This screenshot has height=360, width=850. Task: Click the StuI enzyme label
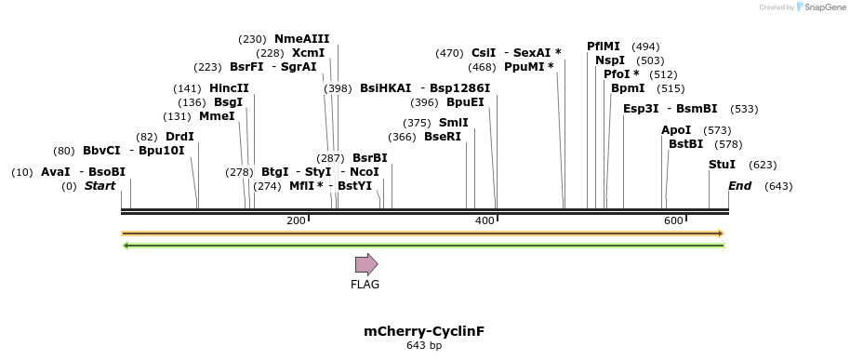click(x=722, y=165)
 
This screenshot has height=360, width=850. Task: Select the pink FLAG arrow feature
click(x=365, y=265)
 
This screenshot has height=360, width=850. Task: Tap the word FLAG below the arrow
click(x=365, y=285)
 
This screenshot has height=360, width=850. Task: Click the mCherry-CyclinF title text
click(x=424, y=331)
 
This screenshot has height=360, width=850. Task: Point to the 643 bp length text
click(x=424, y=346)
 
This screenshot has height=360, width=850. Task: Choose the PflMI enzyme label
click(x=603, y=47)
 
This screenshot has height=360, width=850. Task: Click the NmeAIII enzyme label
click(x=301, y=39)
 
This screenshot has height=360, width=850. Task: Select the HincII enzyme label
click(x=229, y=88)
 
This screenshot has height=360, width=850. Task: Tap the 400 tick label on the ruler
click(x=485, y=220)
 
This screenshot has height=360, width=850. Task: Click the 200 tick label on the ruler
click(x=296, y=220)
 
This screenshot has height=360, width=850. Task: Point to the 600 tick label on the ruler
click(x=673, y=220)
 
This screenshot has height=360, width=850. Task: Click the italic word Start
click(x=100, y=186)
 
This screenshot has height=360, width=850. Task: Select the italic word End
click(x=739, y=186)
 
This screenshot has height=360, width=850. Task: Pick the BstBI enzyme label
click(x=685, y=144)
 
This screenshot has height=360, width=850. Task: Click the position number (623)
click(x=763, y=165)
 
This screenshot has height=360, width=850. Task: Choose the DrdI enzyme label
click(x=179, y=137)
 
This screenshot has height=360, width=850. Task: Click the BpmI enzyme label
click(x=628, y=88)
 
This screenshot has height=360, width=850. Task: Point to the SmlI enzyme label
click(x=454, y=123)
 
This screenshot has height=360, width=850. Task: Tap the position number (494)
click(x=645, y=47)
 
